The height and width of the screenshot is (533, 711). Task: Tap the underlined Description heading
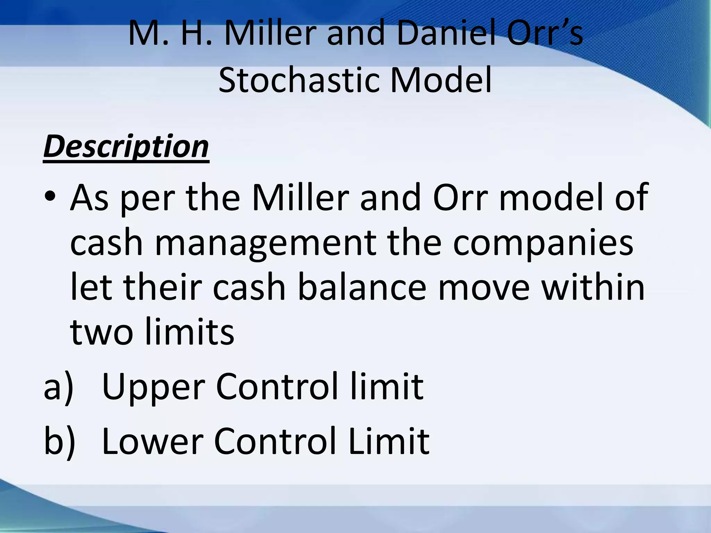tap(126, 147)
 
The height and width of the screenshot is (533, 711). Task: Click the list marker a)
tap(59, 387)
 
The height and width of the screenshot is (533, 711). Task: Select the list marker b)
tap(59, 441)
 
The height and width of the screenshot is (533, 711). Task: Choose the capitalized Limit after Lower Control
tap(389, 441)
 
